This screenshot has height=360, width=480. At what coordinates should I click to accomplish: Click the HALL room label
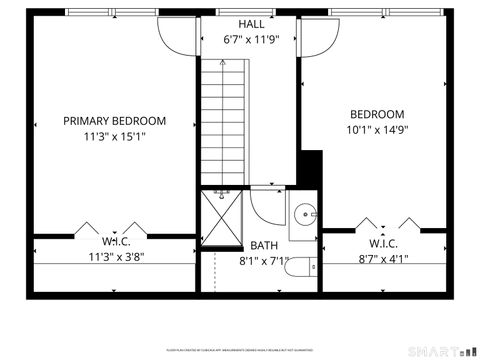[x=251, y=24]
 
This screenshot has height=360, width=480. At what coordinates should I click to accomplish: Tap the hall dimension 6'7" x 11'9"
[x=251, y=42]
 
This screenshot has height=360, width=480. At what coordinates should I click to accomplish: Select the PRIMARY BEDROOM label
[x=115, y=121]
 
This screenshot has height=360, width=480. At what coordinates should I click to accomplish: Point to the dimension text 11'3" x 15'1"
[x=115, y=137]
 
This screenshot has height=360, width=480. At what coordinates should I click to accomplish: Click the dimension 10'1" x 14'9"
[x=377, y=129]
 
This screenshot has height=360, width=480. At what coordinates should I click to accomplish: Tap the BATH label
[x=265, y=245]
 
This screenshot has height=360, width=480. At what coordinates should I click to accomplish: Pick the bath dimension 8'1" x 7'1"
[x=264, y=261]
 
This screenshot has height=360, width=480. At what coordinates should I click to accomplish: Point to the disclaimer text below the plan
[x=240, y=349]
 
